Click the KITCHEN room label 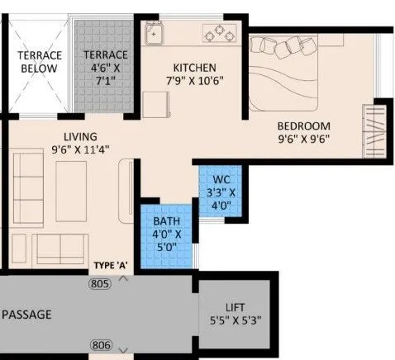coord(194,67)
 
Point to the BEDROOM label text coord(308,126)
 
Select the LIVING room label coord(73,136)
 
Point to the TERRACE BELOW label coord(40,62)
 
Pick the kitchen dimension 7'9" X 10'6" coord(194,81)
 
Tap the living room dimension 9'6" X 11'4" coord(73,149)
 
